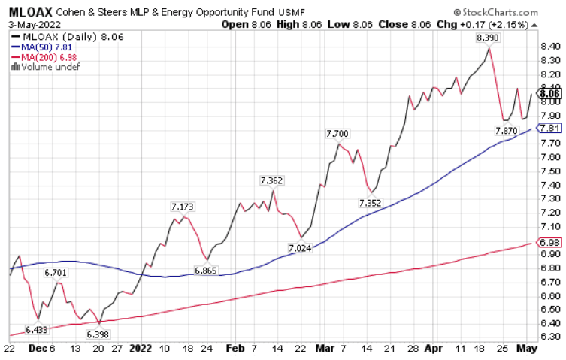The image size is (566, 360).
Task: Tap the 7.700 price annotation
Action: [x=337, y=133]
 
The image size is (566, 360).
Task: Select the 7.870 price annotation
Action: [x=507, y=131]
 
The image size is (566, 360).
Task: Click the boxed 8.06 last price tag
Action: [x=550, y=94]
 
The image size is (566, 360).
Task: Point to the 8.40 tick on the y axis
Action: [x=549, y=47]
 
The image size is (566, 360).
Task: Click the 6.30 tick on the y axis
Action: [x=549, y=337]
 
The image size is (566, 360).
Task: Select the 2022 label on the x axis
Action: [x=141, y=349]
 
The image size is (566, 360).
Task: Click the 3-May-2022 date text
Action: [x=35, y=23]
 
